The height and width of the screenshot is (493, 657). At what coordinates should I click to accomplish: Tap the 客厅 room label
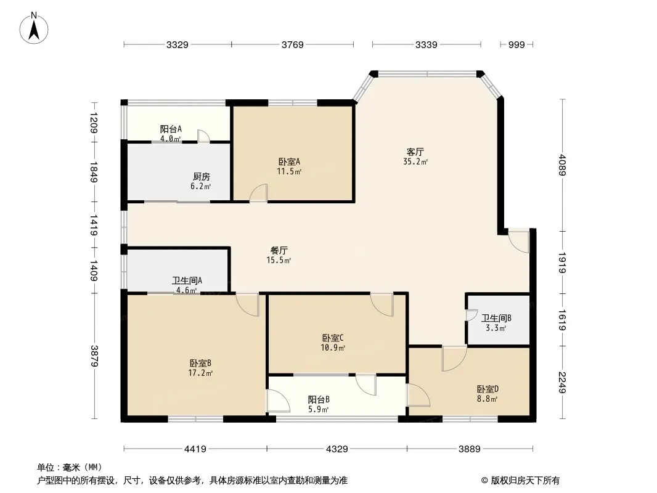[415, 152]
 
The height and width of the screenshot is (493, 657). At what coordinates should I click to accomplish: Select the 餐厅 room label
[279, 250]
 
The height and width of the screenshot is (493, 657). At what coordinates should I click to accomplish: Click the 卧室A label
[288, 161]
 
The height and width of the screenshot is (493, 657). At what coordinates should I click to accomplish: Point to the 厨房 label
[201, 176]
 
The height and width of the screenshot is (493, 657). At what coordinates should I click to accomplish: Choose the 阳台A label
[171, 129]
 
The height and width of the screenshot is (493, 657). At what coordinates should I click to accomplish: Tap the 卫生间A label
[187, 281]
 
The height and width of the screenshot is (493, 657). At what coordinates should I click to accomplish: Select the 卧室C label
[333, 338]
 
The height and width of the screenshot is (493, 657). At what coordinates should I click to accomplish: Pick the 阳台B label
[319, 399]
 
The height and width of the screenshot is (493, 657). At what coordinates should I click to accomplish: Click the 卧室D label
[487, 389]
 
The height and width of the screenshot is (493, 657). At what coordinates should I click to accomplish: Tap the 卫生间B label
[496, 318]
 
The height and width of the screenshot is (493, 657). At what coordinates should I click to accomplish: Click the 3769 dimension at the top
[292, 44]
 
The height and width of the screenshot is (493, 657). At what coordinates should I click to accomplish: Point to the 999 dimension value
[516, 44]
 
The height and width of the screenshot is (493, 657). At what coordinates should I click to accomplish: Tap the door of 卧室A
[259, 193]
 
